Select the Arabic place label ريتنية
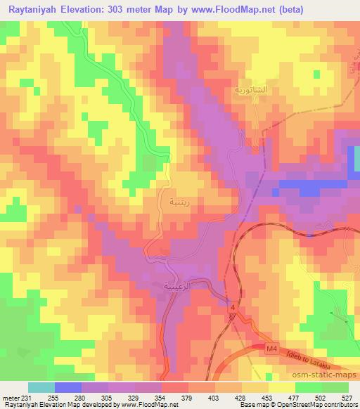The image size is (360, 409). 173,202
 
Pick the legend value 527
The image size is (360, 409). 347,398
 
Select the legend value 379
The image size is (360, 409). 188,398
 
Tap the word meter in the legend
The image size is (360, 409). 11,398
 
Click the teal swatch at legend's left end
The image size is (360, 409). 41,388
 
